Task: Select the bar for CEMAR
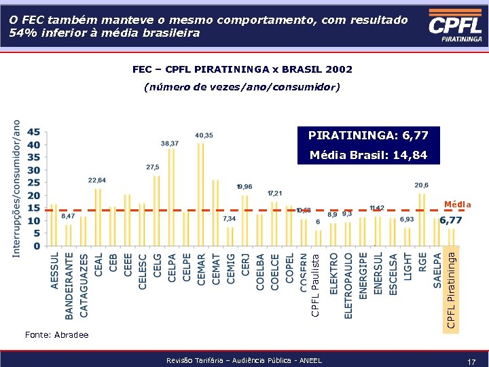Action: pos(201,194)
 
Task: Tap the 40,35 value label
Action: pos(203,135)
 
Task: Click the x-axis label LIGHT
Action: pos(407,266)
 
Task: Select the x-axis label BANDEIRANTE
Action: pos(69,285)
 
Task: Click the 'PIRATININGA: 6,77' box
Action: pos(367,137)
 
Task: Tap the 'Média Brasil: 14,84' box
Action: pos(367,156)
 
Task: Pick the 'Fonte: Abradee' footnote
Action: pos(56,334)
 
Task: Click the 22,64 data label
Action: pos(97,180)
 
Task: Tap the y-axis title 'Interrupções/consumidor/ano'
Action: pos(17,188)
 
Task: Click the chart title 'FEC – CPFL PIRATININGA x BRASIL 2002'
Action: pos(242,69)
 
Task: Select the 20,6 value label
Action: pos(421,185)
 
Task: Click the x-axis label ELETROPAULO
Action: pos(348,285)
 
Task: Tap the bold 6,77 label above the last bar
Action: pos(451,221)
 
